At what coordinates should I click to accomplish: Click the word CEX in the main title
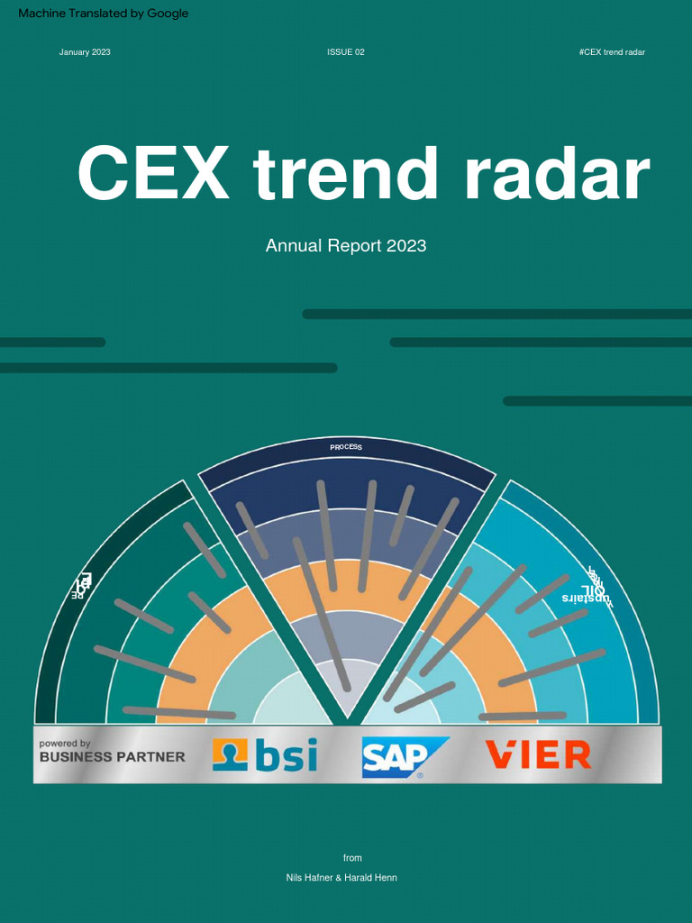153,174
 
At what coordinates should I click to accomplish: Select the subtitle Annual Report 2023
346,245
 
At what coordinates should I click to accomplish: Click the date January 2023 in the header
85,52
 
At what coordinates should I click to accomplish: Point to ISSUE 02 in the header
346,52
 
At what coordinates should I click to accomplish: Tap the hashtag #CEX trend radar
612,52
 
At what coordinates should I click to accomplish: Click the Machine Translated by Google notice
103,14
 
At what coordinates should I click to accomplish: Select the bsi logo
265,755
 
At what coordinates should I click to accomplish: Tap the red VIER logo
538,755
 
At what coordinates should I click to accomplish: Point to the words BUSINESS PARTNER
112,757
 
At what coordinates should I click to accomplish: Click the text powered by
65,744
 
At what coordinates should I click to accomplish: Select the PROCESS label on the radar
346,447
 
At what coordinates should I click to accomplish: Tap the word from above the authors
352,857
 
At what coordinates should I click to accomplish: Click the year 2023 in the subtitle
406,245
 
